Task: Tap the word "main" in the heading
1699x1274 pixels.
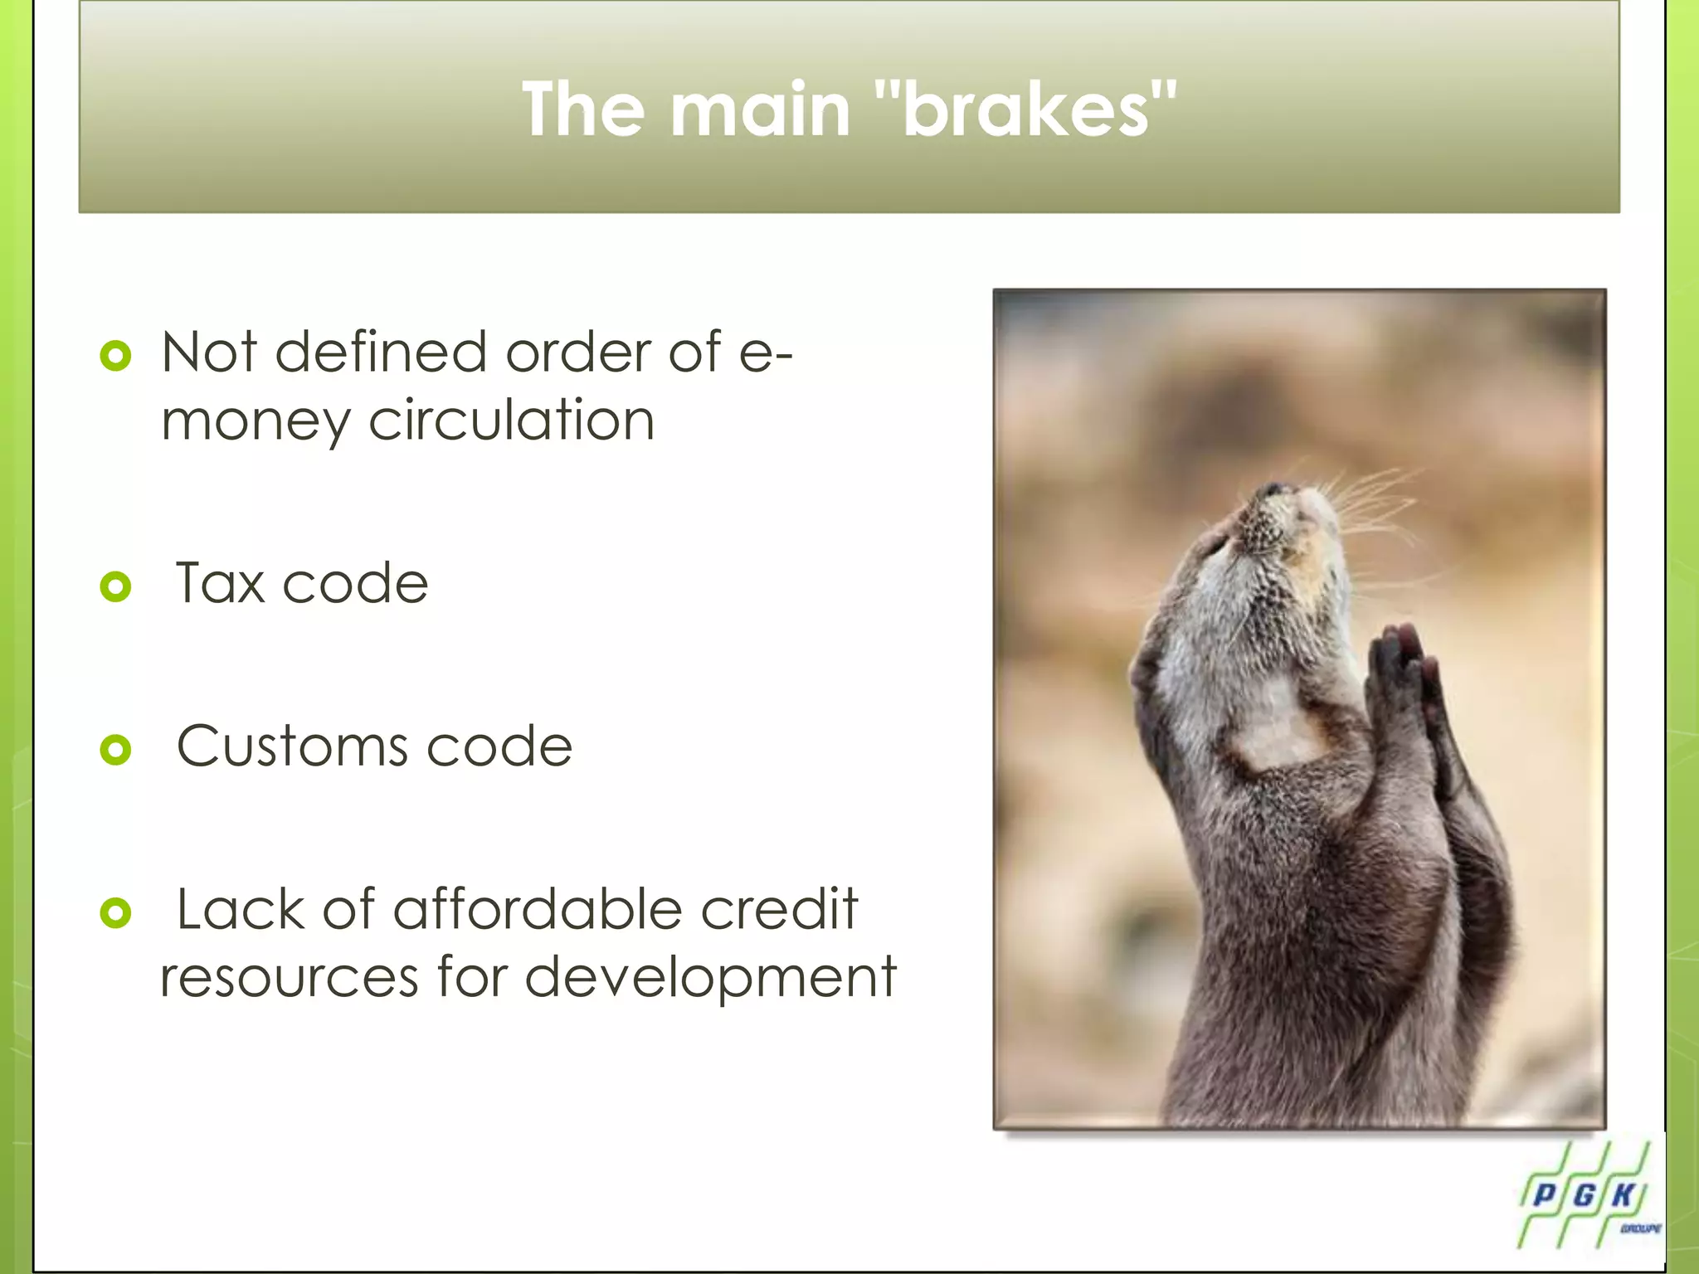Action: coord(760,109)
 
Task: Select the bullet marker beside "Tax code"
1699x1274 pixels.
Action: coord(115,586)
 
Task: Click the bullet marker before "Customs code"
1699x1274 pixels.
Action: coord(115,750)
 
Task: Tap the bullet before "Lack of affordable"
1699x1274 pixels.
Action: coord(115,913)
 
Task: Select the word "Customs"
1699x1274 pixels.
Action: coord(293,746)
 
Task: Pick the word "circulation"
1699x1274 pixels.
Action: coord(511,421)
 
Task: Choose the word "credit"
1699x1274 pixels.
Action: coord(779,909)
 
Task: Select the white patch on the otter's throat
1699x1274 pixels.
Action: coord(1273,730)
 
